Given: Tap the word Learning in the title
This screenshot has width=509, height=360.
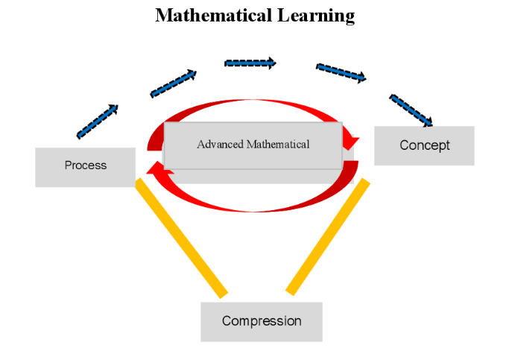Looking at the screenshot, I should tap(312, 16).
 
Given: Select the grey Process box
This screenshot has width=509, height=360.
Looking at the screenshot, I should tap(85, 166).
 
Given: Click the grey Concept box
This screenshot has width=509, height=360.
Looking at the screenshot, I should tap(424, 145).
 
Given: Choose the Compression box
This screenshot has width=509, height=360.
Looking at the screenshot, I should tap(261, 321).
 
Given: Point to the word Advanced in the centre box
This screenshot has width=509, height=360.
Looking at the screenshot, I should tap(221, 145).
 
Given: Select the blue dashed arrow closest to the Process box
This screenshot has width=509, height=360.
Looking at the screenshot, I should tap(97, 121).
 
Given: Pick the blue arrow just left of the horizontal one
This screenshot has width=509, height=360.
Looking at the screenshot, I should tap(173, 83).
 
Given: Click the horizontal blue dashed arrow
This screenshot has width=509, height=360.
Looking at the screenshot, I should tap(250, 63).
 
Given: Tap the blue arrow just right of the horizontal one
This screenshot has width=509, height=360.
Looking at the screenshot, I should tap(341, 72).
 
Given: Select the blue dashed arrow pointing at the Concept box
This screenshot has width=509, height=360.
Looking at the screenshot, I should tap(411, 110).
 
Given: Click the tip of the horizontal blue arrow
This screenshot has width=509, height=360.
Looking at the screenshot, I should tap(274, 63).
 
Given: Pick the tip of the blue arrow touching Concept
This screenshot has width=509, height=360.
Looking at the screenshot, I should tap(431, 123).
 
